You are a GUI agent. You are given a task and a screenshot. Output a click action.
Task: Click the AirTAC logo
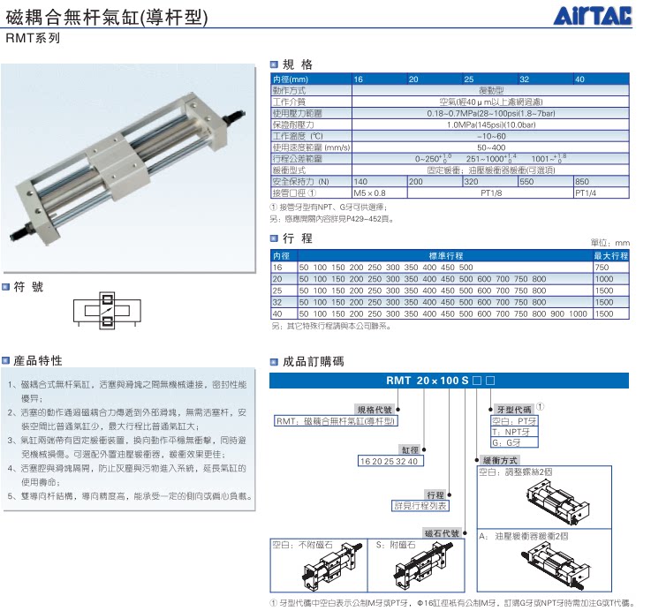pos(596,16)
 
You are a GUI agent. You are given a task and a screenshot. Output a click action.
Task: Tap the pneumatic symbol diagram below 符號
pos(106,313)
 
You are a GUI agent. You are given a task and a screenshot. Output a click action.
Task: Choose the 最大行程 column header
pos(610,256)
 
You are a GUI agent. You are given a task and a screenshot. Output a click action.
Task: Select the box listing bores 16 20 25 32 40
pos(390,461)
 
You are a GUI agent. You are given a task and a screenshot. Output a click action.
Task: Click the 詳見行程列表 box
pos(421,506)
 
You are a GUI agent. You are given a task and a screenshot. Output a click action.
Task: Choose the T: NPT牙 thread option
pos(512,432)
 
